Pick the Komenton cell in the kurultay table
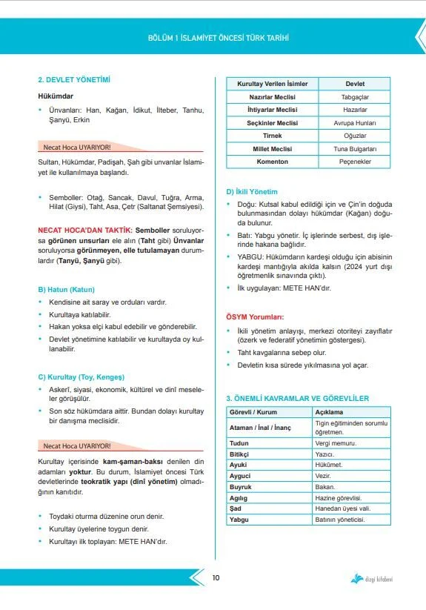(272, 162)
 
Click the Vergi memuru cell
(330, 442)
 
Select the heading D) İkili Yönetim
(251, 191)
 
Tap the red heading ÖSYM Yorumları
(255, 316)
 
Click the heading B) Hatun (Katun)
(66, 289)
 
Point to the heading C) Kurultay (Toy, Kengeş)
(81, 377)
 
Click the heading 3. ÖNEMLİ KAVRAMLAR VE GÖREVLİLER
(297, 398)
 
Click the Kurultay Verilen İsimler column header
(272, 84)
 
